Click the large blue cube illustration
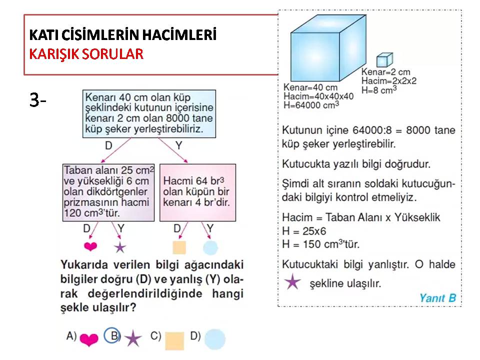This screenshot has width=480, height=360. click(x=328, y=48)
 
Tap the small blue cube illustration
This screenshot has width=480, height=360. click(x=384, y=59)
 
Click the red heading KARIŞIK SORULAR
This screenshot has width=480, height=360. click(x=86, y=54)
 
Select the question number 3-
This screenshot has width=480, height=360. click(x=37, y=100)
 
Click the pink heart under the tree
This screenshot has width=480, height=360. click(x=90, y=246)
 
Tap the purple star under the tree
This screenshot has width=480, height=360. click(x=120, y=247)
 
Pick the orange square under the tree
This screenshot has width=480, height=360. click(x=179, y=247)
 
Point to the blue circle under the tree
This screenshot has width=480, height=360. click(x=210, y=247)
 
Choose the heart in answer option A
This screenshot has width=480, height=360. click(x=89, y=339)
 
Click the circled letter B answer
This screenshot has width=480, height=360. click(x=112, y=335)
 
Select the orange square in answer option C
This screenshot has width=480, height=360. click(x=174, y=340)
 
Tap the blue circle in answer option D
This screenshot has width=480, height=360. click(x=215, y=339)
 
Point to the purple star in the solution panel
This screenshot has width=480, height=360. click(x=292, y=281)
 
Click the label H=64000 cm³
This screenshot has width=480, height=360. click(x=311, y=105)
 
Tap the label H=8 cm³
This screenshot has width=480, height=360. click(x=379, y=90)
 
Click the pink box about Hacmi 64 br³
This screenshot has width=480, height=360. click(x=198, y=192)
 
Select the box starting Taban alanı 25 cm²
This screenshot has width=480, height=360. click(x=108, y=192)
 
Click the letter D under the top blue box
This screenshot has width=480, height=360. click(x=108, y=145)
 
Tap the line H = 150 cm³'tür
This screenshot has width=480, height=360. click(x=321, y=244)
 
